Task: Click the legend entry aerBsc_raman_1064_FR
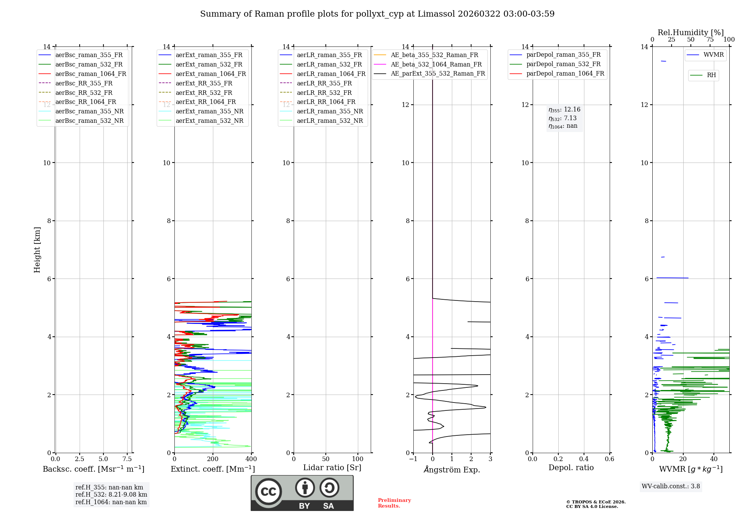click(x=91, y=74)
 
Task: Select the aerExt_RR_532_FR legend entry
click(x=204, y=93)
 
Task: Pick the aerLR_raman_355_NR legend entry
click(x=330, y=111)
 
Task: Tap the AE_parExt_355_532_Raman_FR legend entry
click(x=438, y=73)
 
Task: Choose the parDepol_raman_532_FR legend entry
click(x=563, y=64)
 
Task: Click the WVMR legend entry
click(x=713, y=55)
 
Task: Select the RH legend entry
click(x=711, y=75)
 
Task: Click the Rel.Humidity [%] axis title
click(x=690, y=33)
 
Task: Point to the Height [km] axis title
click(x=37, y=249)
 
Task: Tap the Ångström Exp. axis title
click(x=452, y=469)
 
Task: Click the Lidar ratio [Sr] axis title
click(x=332, y=468)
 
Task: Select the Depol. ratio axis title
click(x=571, y=468)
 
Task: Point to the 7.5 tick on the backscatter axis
click(x=127, y=459)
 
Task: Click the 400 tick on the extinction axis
click(x=251, y=459)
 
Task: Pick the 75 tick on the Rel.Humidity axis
click(x=710, y=39)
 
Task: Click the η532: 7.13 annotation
click(x=562, y=118)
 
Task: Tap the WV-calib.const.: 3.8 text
click(x=671, y=486)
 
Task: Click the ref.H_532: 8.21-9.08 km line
click(x=111, y=494)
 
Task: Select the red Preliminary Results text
click(x=394, y=503)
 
